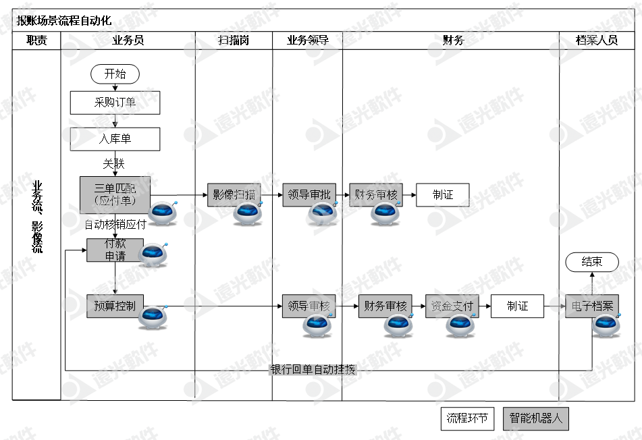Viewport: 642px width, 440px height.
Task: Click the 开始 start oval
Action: pos(115,74)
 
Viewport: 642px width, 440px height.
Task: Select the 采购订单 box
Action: pos(115,103)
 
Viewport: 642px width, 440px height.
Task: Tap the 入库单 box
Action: pos(115,139)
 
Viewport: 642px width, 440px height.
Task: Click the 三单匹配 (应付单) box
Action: pos(114,194)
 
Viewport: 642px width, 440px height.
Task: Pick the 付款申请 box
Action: pos(114,250)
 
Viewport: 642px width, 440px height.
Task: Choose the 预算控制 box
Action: pos(115,306)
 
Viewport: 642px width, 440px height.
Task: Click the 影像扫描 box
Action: pos(234,195)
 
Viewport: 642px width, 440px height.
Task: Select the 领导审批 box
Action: pos(308,195)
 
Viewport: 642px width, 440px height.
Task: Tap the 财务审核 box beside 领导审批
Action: pos(375,195)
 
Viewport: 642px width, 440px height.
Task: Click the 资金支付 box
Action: pos(451,306)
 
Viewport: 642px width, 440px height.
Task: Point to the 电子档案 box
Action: pos(592,306)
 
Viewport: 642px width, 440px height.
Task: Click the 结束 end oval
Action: pos(592,262)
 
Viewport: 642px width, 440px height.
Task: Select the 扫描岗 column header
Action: pos(234,40)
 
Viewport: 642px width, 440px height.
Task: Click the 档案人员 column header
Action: pos(596,40)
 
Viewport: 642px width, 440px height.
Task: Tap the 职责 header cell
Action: pos(36,40)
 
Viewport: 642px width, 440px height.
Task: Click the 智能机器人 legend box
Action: pos(536,418)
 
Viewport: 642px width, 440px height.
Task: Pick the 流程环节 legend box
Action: pos(466,418)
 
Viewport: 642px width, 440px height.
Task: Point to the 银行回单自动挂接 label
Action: pos(313,370)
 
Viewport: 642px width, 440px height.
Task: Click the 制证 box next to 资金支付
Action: pos(517,306)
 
